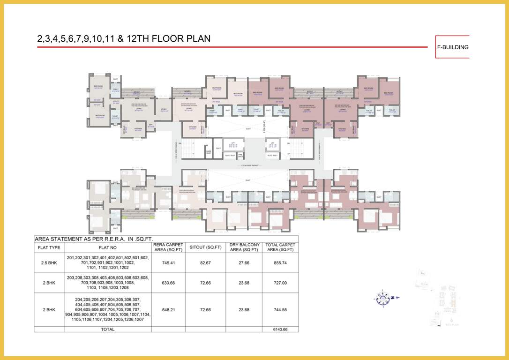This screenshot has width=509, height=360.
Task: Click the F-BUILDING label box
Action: pos(452,47)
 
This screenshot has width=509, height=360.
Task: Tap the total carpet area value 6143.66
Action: pos(280,330)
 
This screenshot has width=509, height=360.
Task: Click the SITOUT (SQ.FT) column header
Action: pos(205,247)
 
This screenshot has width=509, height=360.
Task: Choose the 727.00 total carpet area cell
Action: pos(280,283)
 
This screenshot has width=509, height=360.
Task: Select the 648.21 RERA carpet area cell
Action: pos(168,309)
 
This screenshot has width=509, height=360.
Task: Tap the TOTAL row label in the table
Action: pos(107,330)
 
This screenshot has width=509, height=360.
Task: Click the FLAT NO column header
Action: pos(107,247)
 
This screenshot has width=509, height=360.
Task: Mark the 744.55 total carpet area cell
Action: pos(280,309)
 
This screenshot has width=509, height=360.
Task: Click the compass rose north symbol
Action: pos(384,297)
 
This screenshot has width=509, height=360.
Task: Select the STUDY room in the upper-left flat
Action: pos(164,111)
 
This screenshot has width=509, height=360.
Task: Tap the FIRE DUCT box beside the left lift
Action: pos(240,155)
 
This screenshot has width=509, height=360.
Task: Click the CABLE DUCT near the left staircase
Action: pos(209,151)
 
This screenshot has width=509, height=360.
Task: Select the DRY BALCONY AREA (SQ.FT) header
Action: pos(244,247)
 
